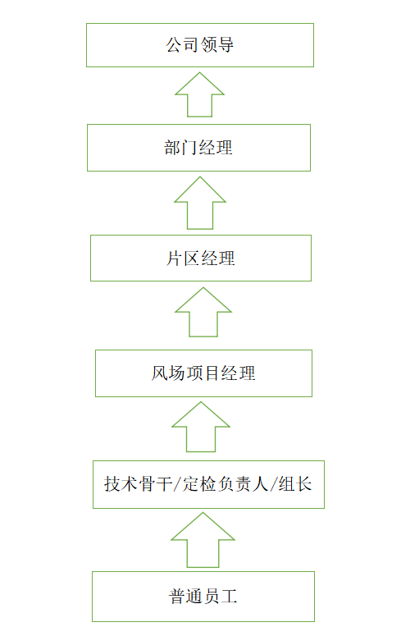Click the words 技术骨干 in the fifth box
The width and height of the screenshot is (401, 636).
[139, 484]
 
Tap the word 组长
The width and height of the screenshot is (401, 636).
[294, 484]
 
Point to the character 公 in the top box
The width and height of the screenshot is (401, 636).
[174, 44]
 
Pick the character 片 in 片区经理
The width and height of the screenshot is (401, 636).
[174, 259]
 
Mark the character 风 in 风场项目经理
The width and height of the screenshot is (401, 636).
[160, 373]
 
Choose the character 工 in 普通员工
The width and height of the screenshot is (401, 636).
[229, 597]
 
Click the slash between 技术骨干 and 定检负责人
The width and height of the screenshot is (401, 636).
[177, 484]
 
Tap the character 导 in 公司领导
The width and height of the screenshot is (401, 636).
[226, 44]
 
